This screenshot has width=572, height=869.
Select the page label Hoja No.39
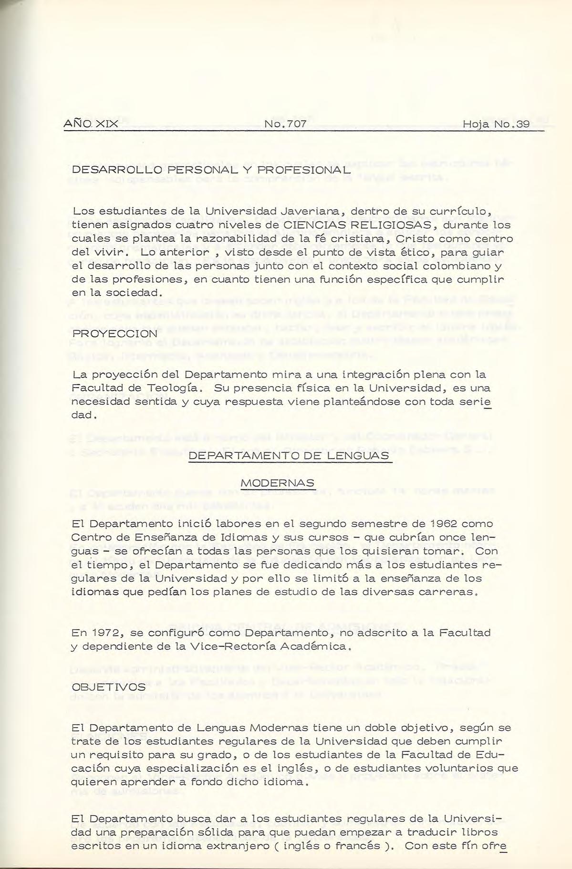(x=496, y=124)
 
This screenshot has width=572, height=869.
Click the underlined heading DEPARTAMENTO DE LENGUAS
(x=289, y=456)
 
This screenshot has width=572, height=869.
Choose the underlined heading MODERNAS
(x=278, y=483)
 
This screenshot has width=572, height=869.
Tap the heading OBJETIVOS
(x=108, y=687)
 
